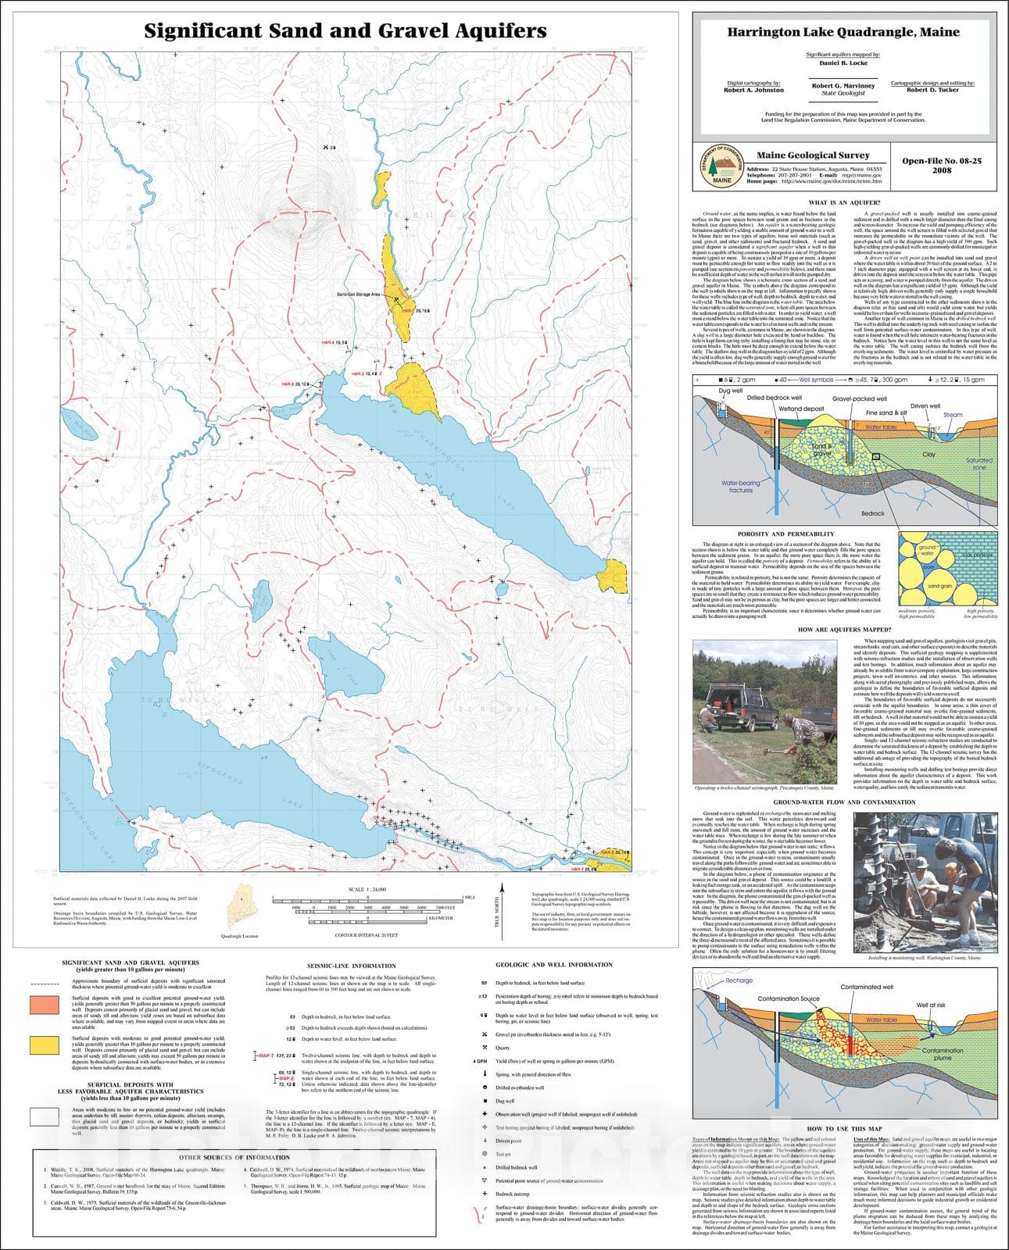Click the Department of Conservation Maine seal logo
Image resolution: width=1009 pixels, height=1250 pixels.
click(x=717, y=166)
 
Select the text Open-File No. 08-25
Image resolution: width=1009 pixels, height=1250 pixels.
click(x=942, y=161)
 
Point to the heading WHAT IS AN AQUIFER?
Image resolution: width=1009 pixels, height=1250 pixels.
click(x=844, y=203)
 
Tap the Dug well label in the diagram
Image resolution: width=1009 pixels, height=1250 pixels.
click(x=730, y=391)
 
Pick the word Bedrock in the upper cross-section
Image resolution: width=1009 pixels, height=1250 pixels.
click(x=872, y=513)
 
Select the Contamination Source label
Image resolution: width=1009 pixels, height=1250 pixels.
click(x=789, y=998)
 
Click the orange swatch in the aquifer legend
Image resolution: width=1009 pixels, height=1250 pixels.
click(x=45, y=1005)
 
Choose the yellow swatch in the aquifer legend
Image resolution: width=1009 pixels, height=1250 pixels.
click(x=45, y=1045)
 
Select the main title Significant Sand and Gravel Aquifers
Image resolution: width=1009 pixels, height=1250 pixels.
click(x=345, y=31)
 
